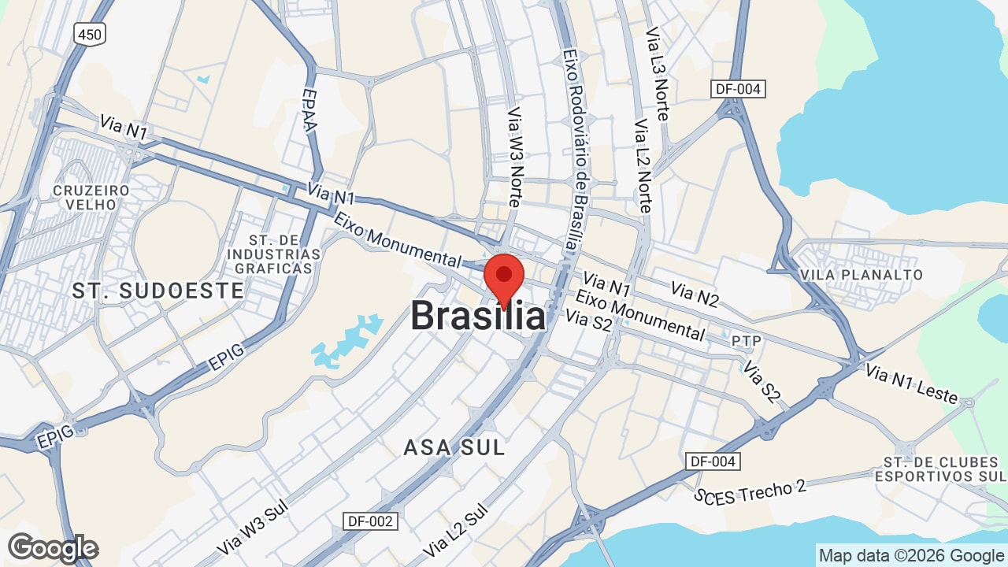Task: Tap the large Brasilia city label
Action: pyautogui.click(x=477, y=317)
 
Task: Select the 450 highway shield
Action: pyautogui.click(x=90, y=33)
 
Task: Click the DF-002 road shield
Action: pyautogui.click(x=371, y=521)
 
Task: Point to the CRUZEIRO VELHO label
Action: pyautogui.click(x=91, y=197)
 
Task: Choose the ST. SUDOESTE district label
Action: pyautogui.click(x=157, y=291)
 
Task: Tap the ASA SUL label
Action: pyautogui.click(x=454, y=447)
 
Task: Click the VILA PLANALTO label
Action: pyautogui.click(x=860, y=275)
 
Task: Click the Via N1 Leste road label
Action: pyautogui.click(x=911, y=384)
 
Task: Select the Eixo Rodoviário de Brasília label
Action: pyautogui.click(x=576, y=150)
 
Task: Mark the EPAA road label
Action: pyautogui.click(x=310, y=110)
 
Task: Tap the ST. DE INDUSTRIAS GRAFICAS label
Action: pyautogui.click(x=273, y=254)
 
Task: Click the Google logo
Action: pyautogui.click(x=53, y=548)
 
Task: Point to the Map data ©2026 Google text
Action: pyautogui.click(x=911, y=555)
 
